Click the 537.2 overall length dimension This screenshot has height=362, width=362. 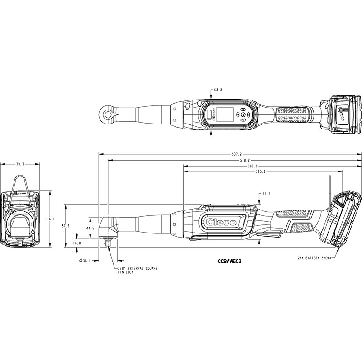point(237,154)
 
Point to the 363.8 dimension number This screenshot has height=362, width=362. point(253,166)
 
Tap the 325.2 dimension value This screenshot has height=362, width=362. point(261,171)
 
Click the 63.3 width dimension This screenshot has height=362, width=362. point(218,90)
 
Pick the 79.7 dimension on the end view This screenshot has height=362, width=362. point(20,164)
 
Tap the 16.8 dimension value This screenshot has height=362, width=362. point(77,243)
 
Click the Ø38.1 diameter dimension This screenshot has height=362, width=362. point(85,261)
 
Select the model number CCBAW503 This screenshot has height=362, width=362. point(229,261)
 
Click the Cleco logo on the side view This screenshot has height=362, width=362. point(221,222)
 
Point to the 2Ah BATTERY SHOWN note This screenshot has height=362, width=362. point(314,258)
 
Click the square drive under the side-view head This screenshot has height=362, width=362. point(108,243)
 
